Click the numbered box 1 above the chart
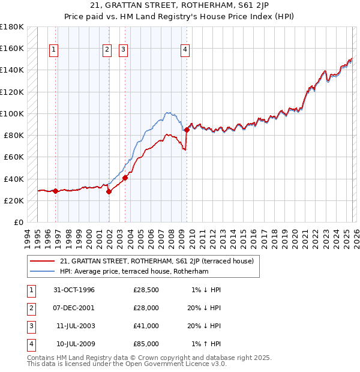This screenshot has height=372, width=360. (x=54, y=50)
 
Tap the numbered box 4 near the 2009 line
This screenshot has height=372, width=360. (x=185, y=50)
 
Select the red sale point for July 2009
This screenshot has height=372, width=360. (x=187, y=130)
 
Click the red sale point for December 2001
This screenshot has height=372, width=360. (x=109, y=192)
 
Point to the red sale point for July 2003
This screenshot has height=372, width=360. (x=125, y=178)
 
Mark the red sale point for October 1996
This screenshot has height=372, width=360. (x=56, y=191)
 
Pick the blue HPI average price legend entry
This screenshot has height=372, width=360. (x=134, y=271)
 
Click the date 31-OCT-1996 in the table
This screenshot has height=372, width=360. (x=74, y=290)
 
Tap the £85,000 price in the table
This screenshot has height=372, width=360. (x=146, y=344)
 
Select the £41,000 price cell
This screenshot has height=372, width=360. (x=146, y=326)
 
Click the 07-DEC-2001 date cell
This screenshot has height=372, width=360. (x=74, y=308)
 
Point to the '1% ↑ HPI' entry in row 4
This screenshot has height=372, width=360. (x=206, y=344)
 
